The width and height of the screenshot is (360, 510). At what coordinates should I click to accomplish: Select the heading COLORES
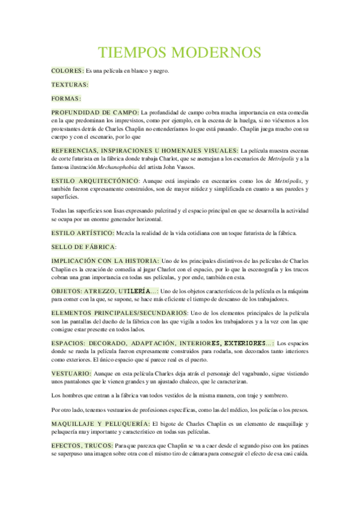coord(67,71)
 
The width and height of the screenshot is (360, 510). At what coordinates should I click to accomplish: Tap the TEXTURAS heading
coord(70,85)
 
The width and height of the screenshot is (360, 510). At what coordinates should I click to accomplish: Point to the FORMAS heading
coord(66,98)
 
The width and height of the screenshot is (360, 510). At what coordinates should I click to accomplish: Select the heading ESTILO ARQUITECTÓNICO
coord(95,181)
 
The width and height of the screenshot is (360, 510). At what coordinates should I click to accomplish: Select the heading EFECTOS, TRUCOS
coord(83,446)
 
